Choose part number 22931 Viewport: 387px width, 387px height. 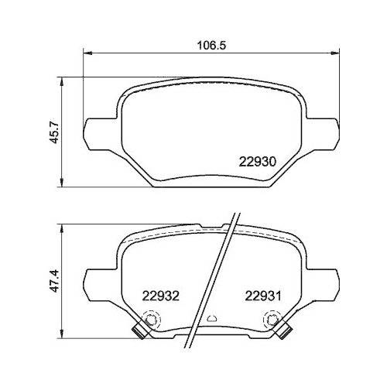pos(261,294)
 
